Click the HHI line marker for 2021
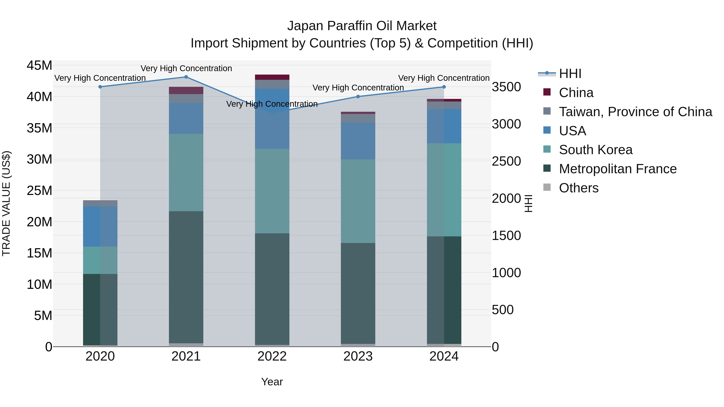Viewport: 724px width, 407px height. pos(186,77)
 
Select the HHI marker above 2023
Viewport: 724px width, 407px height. pos(358,97)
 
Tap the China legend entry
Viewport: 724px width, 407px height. pos(576,93)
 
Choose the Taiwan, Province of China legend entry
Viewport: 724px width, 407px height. pos(635,112)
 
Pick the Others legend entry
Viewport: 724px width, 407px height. pos(578,188)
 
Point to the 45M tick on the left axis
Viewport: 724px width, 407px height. pos(39,66)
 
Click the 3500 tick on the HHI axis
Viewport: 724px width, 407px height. pos(506,87)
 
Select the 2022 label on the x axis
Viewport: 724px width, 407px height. pos(272,356)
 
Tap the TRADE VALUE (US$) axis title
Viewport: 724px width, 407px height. pos(6,203)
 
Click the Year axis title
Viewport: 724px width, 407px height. pos(272,382)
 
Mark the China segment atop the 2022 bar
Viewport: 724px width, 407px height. pos(272,77)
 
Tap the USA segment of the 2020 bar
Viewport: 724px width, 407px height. pos(100,226)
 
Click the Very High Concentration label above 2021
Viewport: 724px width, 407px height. pos(186,68)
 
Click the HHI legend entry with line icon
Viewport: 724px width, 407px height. pos(570,74)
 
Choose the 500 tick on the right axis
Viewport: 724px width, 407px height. pos(503,310)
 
